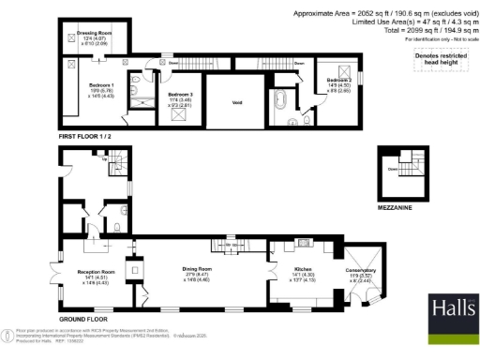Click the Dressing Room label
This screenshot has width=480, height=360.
point(88,33)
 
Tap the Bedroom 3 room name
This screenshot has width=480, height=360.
point(180,95)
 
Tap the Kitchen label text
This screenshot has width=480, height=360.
point(294,269)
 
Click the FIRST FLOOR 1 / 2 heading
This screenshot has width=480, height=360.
point(91,136)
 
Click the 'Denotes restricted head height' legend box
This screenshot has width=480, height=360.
point(438,62)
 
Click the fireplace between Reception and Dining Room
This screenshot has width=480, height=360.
point(140,271)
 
